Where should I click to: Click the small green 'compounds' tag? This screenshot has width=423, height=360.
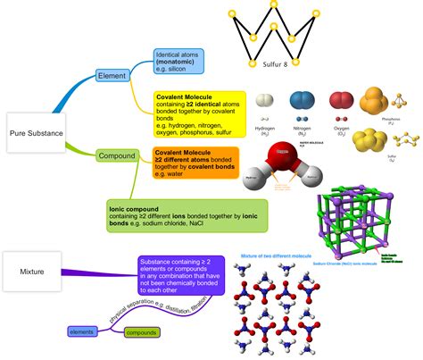coord(141,332)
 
